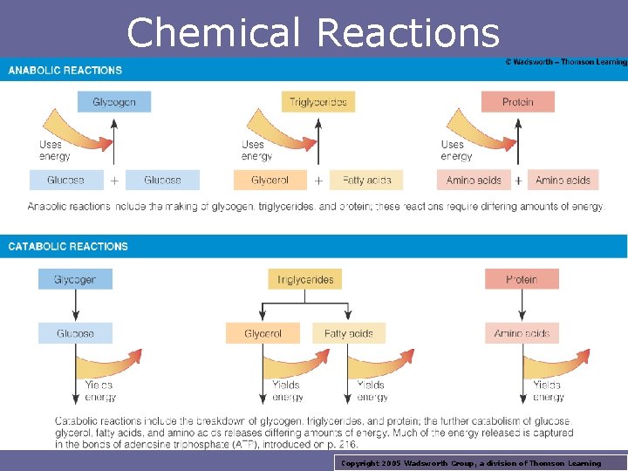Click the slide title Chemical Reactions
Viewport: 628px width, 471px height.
tap(313, 33)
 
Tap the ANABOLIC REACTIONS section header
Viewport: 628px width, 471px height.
tap(65, 70)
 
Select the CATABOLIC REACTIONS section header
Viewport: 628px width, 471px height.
tap(68, 246)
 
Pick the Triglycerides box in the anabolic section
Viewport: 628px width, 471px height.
tap(318, 101)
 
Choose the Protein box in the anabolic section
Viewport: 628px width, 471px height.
tap(517, 101)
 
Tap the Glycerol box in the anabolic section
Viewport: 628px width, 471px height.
tap(270, 181)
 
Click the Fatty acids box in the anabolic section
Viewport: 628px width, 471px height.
tap(366, 181)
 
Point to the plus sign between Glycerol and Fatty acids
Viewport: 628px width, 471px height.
tap(318, 181)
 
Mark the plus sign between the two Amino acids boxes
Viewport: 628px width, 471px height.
tap(518, 181)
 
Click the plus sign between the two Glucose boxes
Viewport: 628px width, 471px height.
tap(114, 181)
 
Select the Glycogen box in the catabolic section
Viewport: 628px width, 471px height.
tap(75, 279)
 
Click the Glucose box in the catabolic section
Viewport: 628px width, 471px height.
tap(75, 333)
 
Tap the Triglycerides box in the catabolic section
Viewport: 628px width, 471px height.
tap(305, 279)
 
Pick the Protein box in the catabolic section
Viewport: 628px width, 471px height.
tap(522, 279)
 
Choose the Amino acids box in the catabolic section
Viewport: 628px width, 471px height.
tap(522, 333)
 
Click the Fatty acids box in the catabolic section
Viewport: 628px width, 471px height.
tap(349, 333)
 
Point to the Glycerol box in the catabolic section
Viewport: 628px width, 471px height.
tap(263, 333)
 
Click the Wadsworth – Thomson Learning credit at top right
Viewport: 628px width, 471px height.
tap(565, 62)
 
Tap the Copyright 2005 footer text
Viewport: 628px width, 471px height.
tap(471, 463)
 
